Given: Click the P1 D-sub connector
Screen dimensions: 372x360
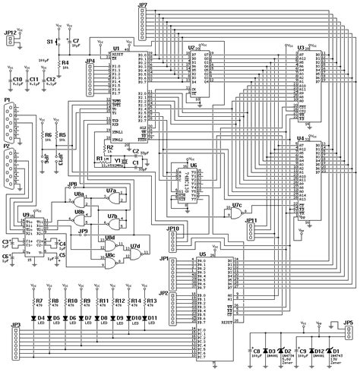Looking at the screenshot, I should point(11,118).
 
